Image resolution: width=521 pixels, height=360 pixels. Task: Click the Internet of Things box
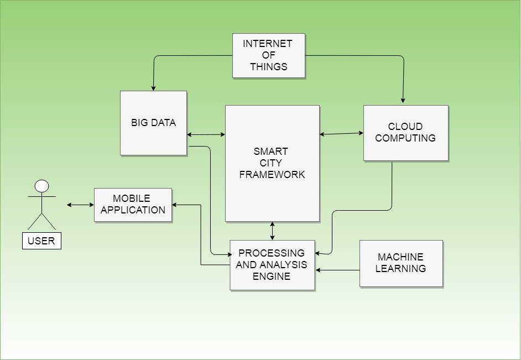click(268, 56)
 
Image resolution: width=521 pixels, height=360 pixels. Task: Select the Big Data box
click(153, 123)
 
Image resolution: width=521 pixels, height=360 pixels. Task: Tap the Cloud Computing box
click(405, 133)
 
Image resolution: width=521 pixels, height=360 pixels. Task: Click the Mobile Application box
click(133, 205)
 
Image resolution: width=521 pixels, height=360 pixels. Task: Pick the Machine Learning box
click(401, 263)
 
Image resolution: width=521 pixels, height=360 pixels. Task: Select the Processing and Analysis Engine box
click(272, 265)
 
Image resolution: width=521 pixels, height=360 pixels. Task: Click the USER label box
click(41, 241)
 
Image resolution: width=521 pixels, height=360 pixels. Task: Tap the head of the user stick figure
click(41, 186)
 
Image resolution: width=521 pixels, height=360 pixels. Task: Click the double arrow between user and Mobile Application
click(80, 205)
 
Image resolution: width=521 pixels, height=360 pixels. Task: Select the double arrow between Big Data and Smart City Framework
click(206, 134)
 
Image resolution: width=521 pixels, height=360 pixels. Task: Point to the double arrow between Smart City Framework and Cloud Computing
click(341, 133)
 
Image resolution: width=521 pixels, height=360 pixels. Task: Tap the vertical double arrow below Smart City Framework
click(272, 231)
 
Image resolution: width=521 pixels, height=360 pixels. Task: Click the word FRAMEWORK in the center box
click(272, 175)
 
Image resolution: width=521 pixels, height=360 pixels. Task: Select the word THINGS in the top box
click(268, 67)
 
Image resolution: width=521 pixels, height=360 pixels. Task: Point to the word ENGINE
click(272, 276)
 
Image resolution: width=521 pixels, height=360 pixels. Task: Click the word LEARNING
click(401, 269)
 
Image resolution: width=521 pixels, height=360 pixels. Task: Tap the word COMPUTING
click(405, 138)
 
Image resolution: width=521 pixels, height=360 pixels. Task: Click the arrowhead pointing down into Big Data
click(153, 88)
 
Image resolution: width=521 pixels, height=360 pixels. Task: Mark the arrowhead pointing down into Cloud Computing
click(403, 101)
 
